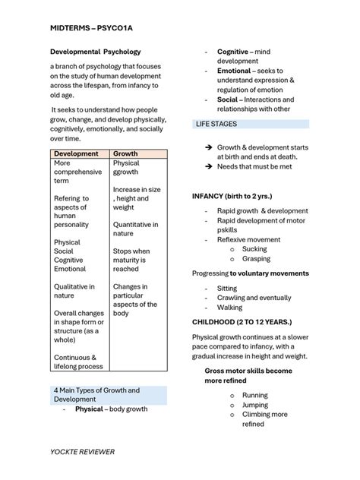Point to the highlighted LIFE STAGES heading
pos(216,123)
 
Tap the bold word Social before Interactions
pos(227,99)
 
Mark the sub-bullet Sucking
pos(254,249)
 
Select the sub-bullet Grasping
pos(257,259)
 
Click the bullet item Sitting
pos(227,289)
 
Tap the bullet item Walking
pos(230,308)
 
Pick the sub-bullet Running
pos(254,395)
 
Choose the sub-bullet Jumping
pos(255,405)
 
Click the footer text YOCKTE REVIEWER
pos(83,452)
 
